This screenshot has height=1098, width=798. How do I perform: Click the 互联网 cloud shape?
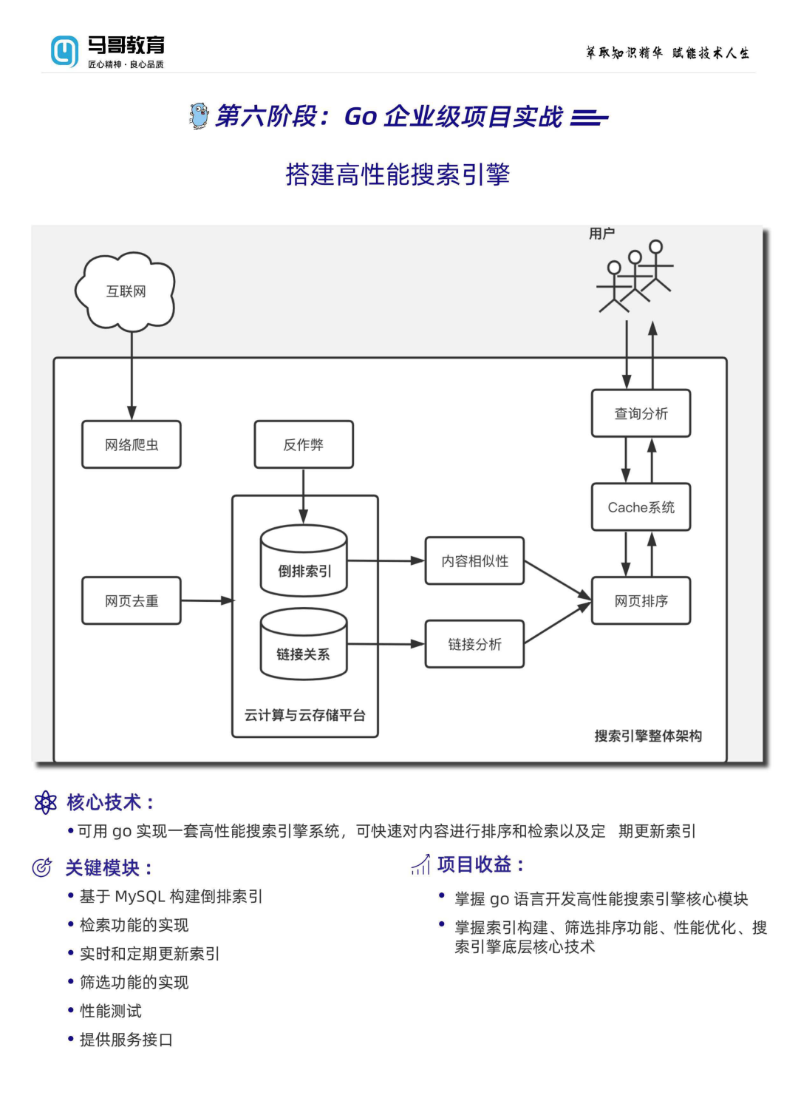point(126,291)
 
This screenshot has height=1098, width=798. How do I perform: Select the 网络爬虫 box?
point(132,444)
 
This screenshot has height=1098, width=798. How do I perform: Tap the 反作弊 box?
point(304,444)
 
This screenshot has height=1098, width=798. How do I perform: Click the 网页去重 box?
point(132,600)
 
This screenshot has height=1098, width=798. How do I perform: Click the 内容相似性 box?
point(474,561)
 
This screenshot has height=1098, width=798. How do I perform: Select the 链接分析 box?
point(474,644)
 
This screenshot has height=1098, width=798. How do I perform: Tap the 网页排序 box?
point(641,601)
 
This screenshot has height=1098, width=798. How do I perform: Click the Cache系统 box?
point(641,507)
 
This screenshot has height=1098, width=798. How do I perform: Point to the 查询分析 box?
point(641,413)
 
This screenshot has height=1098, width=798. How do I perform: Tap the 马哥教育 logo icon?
point(64,51)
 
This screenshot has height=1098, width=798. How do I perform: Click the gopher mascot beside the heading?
point(199,116)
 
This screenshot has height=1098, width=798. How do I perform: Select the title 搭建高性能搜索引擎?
point(398,174)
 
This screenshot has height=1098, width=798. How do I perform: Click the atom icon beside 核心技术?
point(46,802)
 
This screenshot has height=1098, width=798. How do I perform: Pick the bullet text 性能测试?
point(111,1011)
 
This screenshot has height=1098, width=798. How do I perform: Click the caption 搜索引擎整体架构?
point(648,736)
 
